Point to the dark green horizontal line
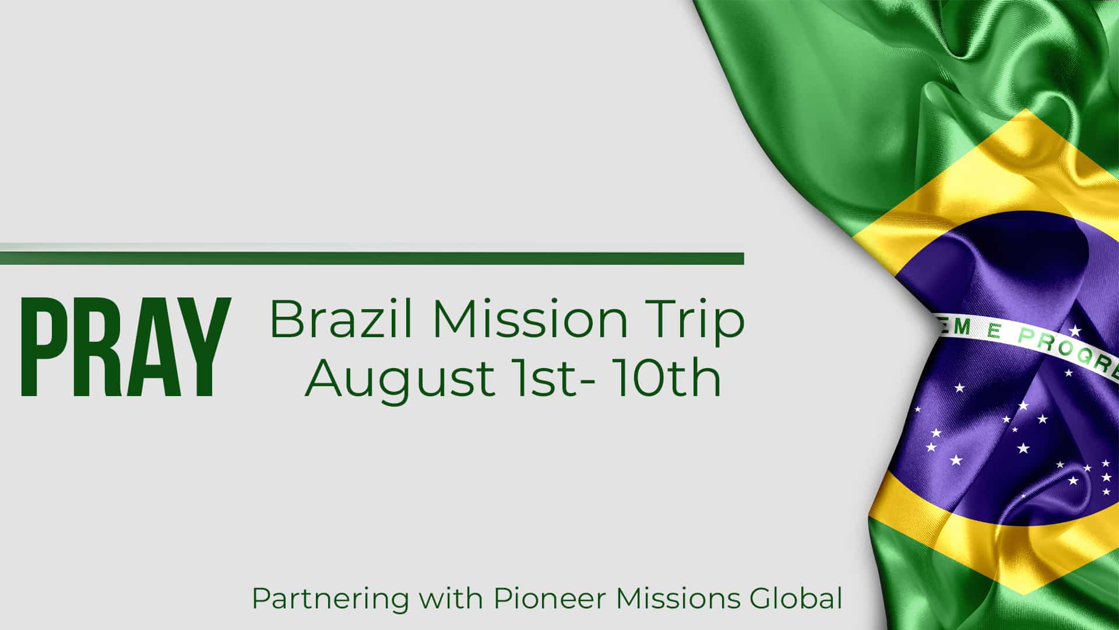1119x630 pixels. pos(372,258)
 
